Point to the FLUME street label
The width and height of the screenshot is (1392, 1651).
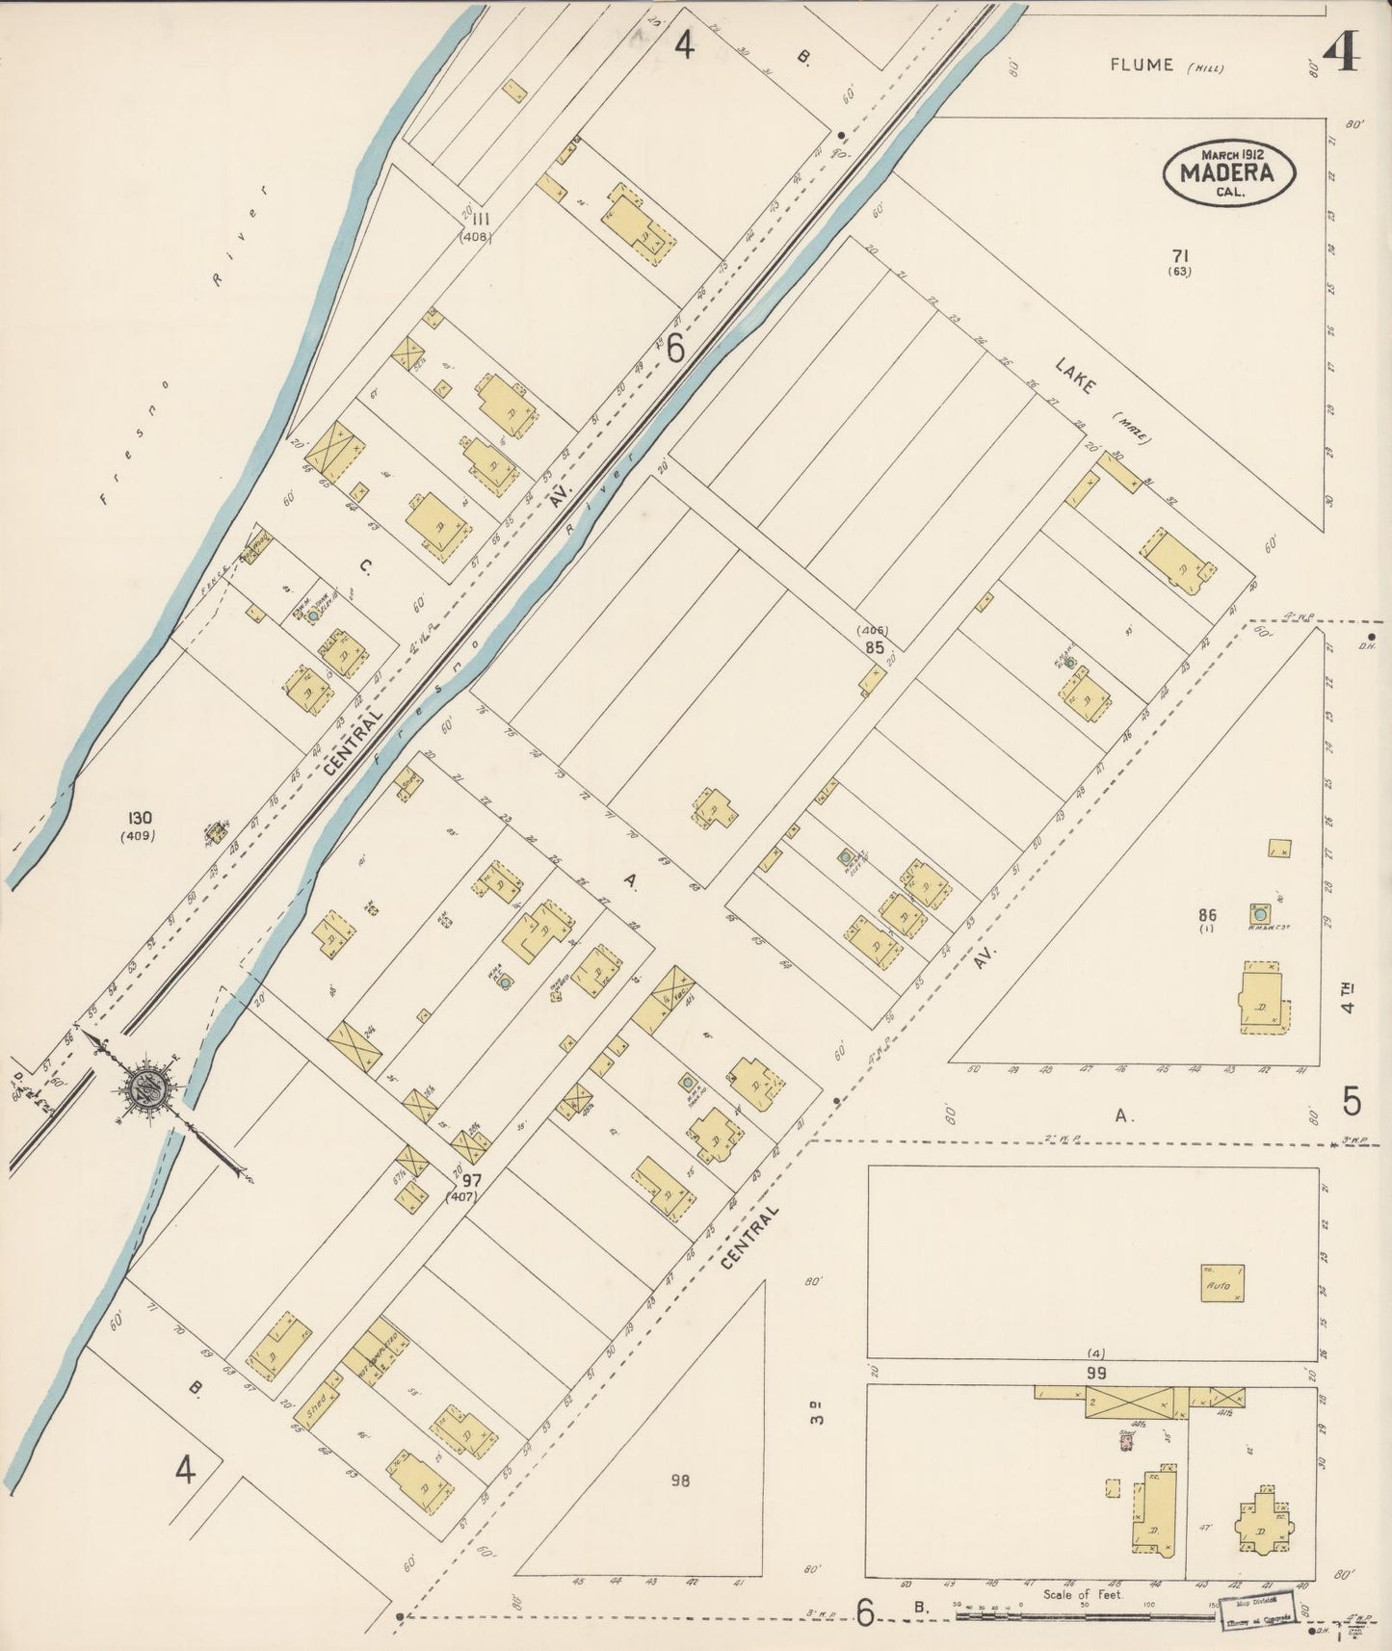click(1142, 65)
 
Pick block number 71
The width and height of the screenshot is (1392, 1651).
click(1180, 255)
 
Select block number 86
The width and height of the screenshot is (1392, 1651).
click(1207, 915)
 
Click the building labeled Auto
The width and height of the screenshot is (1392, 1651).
click(1222, 1283)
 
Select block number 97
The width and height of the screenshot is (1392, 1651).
click(471, 1180)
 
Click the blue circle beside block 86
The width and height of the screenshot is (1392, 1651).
click(1259, 912)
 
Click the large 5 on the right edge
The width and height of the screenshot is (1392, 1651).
click(1352, 1099)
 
